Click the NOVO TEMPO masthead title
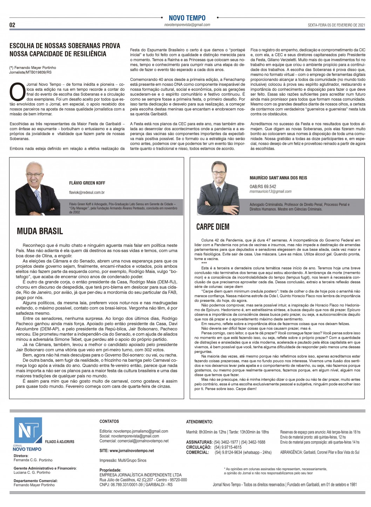(187, 18)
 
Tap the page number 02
(12, 25)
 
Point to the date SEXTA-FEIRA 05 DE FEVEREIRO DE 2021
(336, 25)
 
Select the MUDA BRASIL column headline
(40, 231)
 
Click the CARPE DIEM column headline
(213, 227)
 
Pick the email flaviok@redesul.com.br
(87, 193)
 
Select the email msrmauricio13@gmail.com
(270, 191)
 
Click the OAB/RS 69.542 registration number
(263, 187)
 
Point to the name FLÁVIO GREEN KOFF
(87, 183)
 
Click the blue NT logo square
(27, 431)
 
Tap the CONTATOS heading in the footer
(109, 421)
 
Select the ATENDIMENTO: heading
(200, 422)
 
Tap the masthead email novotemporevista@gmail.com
(187, 25)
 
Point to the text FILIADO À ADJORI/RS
(60, 442)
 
